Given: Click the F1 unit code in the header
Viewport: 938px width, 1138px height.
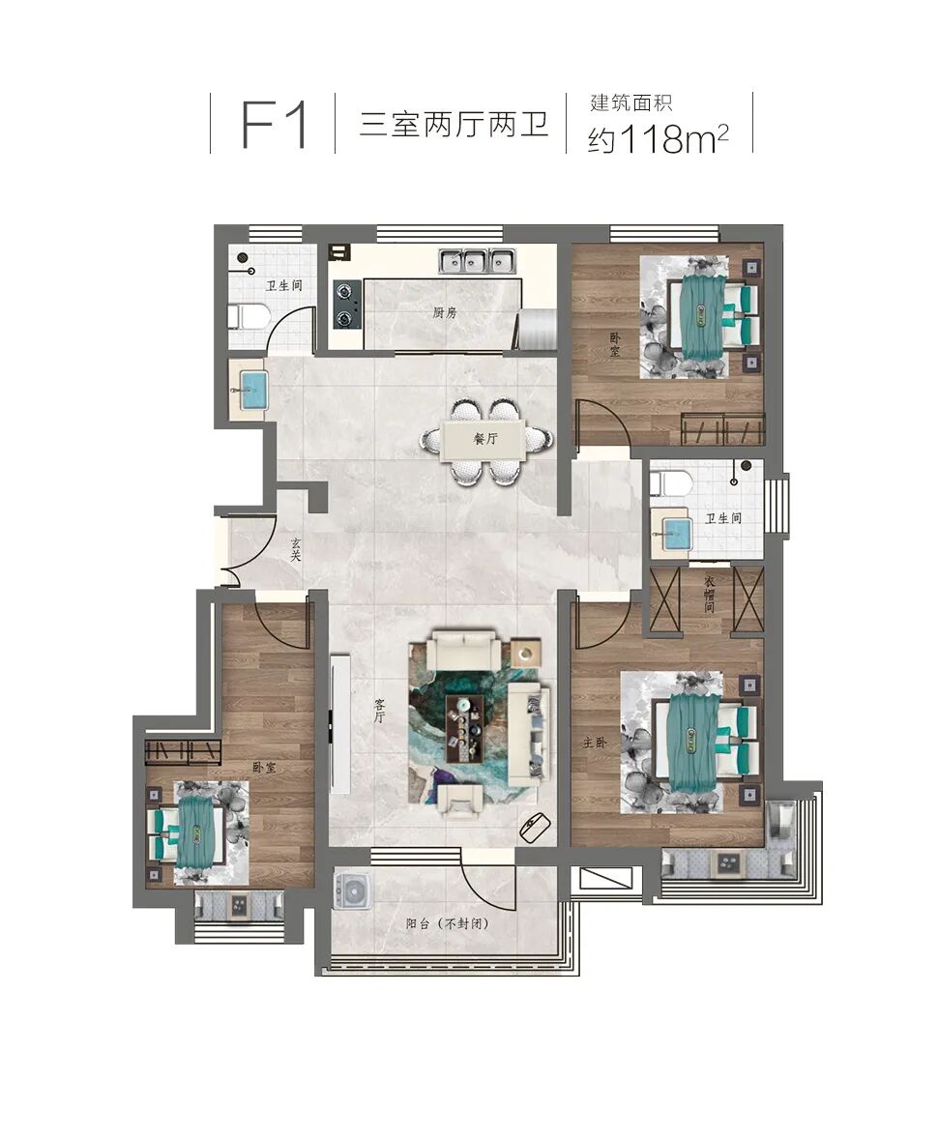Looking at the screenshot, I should pos(274,124).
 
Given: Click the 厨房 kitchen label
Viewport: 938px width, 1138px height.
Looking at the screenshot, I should pos(445,312).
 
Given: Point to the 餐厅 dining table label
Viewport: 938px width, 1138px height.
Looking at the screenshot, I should pos(485,439).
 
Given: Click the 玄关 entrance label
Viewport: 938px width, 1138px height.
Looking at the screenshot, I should pos(296,549).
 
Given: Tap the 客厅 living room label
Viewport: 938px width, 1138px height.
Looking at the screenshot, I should pos(380,711).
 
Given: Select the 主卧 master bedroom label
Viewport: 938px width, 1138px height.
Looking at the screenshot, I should pos(593,744).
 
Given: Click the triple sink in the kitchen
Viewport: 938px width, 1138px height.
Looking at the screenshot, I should pos(476,261).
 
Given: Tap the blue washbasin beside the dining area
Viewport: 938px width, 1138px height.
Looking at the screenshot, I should pos(249,389).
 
